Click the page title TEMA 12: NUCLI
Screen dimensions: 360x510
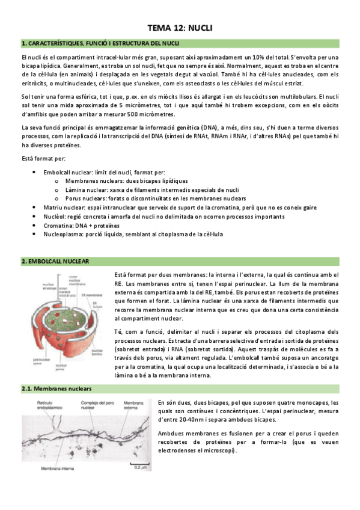pos(180,28)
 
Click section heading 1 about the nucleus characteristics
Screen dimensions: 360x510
pos(100,43)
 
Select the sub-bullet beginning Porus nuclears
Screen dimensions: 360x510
pos(156,198)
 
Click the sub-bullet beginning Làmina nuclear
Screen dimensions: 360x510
pos(152,189)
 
